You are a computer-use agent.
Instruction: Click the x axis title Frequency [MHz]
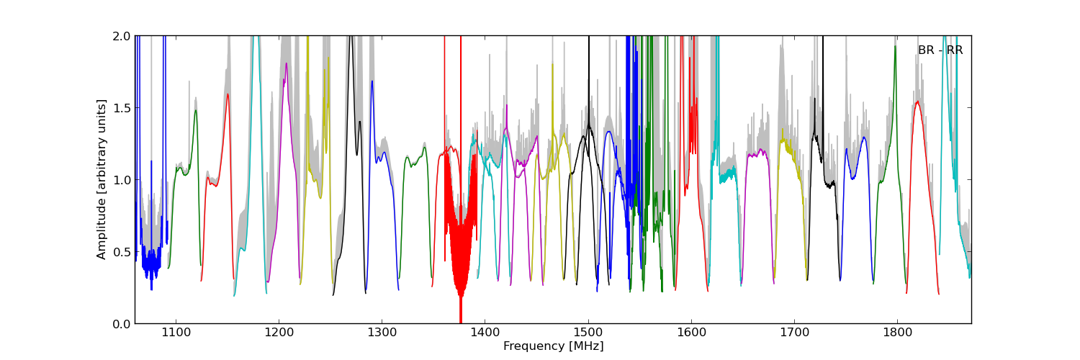553,346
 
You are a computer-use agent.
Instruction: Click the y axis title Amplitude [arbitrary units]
102,179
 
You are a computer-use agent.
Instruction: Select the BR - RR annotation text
940,50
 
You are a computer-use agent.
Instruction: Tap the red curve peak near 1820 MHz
917,102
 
